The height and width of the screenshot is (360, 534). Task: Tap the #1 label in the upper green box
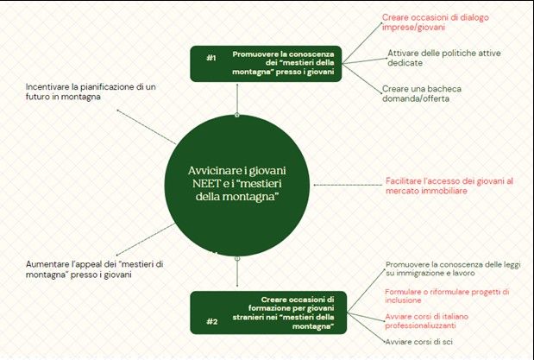(x=211, y=58)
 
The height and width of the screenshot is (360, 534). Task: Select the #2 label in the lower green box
(x=210, y=322)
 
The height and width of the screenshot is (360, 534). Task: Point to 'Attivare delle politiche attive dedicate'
(x=430, y=60)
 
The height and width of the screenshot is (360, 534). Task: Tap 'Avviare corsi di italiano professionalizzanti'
(x=430, y=322)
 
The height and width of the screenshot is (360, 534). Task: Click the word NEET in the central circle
(x=206, y=184)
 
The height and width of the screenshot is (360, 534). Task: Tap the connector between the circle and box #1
(x=237, y=99)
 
